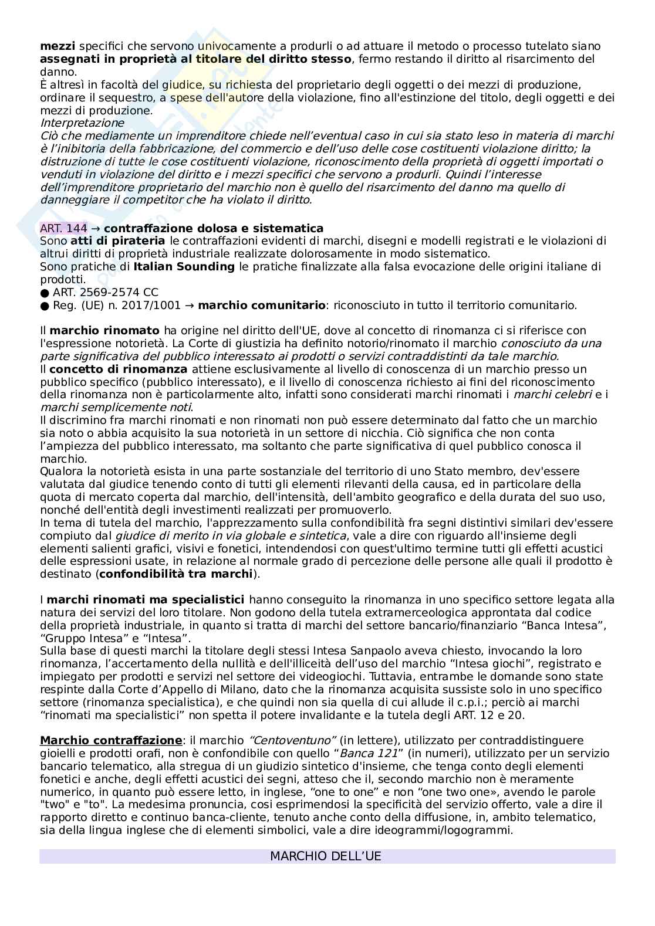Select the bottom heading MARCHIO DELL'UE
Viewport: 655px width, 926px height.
[326, 856]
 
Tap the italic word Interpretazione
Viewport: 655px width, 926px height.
[82, 123]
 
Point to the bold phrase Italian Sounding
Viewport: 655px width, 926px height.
[184, 267]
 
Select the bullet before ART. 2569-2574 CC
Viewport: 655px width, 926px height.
[45, 293]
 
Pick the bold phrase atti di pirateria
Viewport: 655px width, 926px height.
[117, 241]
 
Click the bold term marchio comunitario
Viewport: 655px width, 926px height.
[262, 305]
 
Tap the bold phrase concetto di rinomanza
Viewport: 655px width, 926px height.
[119, 369]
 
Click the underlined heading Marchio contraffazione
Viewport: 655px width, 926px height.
[111, 741]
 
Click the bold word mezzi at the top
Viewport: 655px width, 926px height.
[58, 46]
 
